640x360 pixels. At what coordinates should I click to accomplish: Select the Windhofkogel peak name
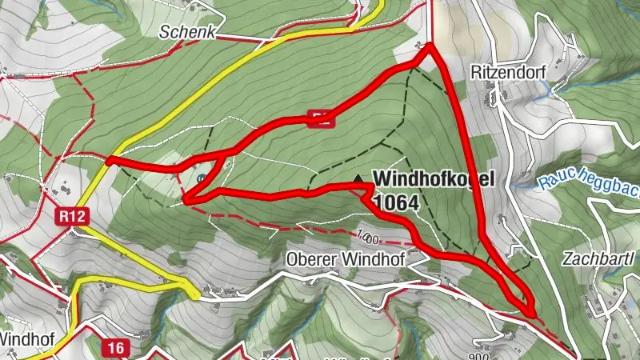(x=435, y=178)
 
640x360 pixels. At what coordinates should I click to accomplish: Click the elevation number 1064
(x=395, y=202)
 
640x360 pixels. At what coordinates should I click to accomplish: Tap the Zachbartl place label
(x=598, y=259)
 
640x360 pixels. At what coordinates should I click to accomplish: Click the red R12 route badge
(x=70, y=216)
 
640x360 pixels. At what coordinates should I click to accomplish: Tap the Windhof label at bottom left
(x=25, y=338)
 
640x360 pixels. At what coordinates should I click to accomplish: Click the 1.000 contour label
(x=368, y=237)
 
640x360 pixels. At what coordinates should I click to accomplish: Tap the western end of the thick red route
(x=107, y=160)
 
